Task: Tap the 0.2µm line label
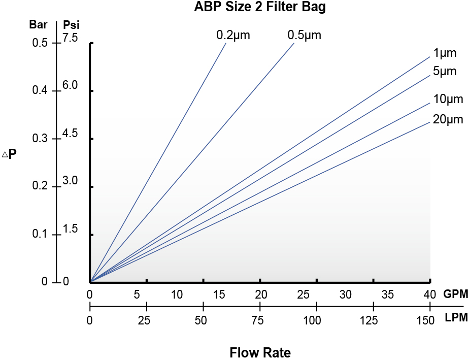pos(233,35)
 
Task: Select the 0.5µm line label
pos(305,35)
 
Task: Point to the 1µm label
pos(445,53)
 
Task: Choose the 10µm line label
pos(448,99)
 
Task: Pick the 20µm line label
pos(448,120)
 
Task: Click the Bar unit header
pos(39,24)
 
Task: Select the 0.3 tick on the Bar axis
pos(40,139)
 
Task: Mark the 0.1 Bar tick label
pos(40,235)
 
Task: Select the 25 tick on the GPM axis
pos(303,294)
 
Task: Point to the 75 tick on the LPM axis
pos(260,320)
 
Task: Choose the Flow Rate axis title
pos(260,352)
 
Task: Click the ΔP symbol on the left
pos(10,153)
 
